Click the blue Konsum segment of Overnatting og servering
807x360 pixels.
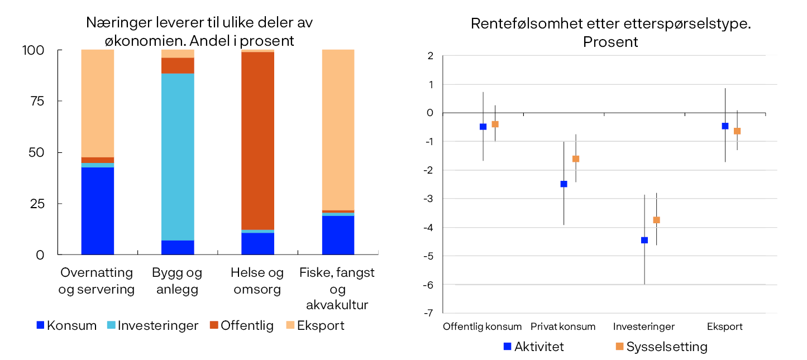pos(98,211)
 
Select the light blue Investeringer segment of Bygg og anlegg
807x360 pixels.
pos(178,157)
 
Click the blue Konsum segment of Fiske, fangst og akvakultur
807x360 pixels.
pos(338,235)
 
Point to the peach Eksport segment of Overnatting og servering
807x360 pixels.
pos(98,103)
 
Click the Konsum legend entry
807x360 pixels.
pos(66,325)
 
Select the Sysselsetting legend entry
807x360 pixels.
pos(661,347)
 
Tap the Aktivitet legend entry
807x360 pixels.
pos(533,347)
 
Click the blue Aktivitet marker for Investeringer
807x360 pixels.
pos(644,240)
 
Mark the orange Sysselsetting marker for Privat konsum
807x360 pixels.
pos(576,159)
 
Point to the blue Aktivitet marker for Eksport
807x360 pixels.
pos(725,126)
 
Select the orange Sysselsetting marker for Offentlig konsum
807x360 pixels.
pos(495,124)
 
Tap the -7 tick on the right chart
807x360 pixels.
pos(428,313)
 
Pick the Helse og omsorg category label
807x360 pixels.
pos(257,281)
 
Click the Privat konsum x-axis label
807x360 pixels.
pos(563,327)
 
